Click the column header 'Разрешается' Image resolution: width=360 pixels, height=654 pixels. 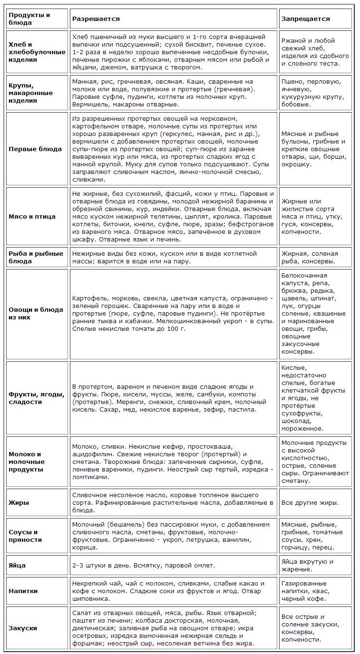tap(96, 19)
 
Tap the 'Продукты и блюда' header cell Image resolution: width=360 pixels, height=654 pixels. tap(29, 19)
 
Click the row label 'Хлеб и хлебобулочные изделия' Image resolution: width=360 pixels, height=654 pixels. tap(37, 52)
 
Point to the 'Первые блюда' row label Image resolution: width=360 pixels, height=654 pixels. tap(35, 149)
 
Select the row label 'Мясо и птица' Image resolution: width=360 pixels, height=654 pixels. tap(32, 216)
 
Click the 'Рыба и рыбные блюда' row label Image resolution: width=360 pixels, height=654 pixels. tap(36, 257)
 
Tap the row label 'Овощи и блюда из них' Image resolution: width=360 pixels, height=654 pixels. tap(36, 313)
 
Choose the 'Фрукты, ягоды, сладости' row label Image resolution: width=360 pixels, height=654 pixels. tap(36, 398)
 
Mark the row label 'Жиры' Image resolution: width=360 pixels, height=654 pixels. tap(19, 502)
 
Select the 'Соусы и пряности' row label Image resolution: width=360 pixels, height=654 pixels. tap(25, 536)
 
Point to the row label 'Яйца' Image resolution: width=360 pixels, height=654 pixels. tap(17, 566)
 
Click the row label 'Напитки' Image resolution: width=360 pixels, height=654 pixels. tap(23, 591)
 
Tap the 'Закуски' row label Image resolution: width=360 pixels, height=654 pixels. tap(23, 628)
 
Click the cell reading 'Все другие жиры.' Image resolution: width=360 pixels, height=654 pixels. tap(310, 502)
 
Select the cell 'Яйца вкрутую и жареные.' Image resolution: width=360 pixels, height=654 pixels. tap(307, 566)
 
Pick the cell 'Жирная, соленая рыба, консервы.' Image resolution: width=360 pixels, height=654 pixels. tap(310, 257)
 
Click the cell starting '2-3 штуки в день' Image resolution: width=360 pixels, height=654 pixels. tap(144, 566)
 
